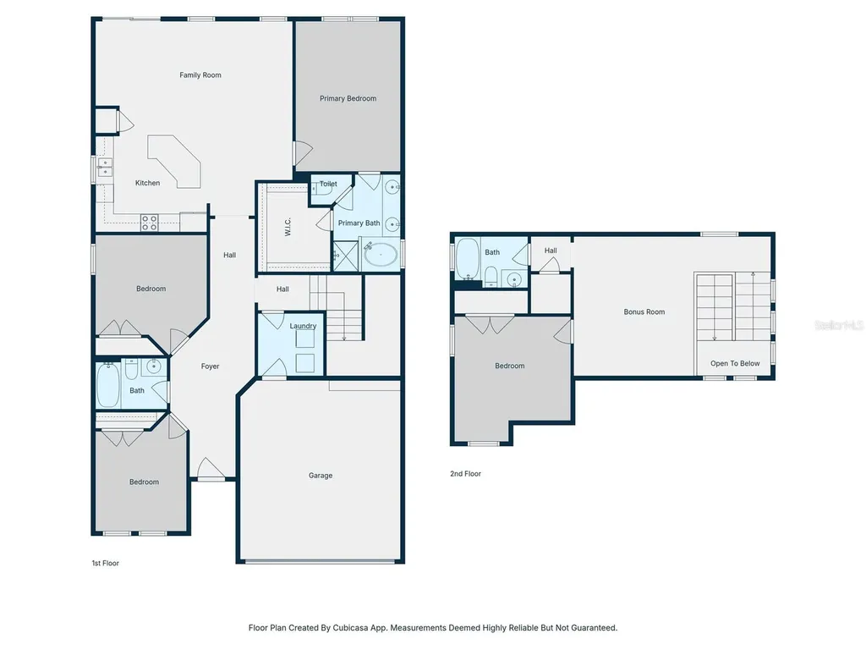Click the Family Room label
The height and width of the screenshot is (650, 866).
click(200, 75)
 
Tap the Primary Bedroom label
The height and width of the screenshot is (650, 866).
click(348, 98)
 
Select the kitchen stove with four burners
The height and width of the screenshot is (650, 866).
click(149, 223)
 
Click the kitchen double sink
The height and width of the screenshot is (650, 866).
click(105, 168)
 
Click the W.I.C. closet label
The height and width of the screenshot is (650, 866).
click(288, 227)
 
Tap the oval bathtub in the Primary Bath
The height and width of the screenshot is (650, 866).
click(381, 254)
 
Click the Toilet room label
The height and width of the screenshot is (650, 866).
click(328, 184)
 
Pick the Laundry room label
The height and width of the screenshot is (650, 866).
click(303, 326)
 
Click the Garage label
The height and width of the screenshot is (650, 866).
click(321, 476)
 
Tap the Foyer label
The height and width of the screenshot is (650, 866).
click(210, 366)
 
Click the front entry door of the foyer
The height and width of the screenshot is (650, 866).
click(211, 471)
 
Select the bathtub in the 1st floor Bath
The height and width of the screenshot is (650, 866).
click(108, 385)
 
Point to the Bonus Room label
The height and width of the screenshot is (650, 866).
click(644, 311)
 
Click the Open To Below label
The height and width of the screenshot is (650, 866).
click(735, 363)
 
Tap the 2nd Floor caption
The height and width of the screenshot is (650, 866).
click(466, 474)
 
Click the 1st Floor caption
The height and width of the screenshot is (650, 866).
click(106, 563)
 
